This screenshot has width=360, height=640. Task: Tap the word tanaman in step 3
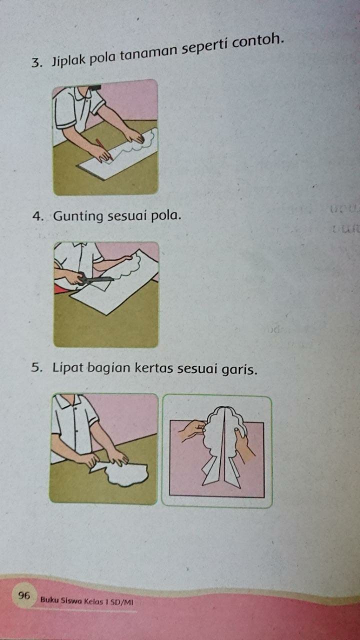149,53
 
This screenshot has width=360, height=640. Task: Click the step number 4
37,217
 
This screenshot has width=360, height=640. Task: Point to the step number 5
36,368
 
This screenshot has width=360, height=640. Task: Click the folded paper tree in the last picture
223,447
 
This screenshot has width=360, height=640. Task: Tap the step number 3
36,63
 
